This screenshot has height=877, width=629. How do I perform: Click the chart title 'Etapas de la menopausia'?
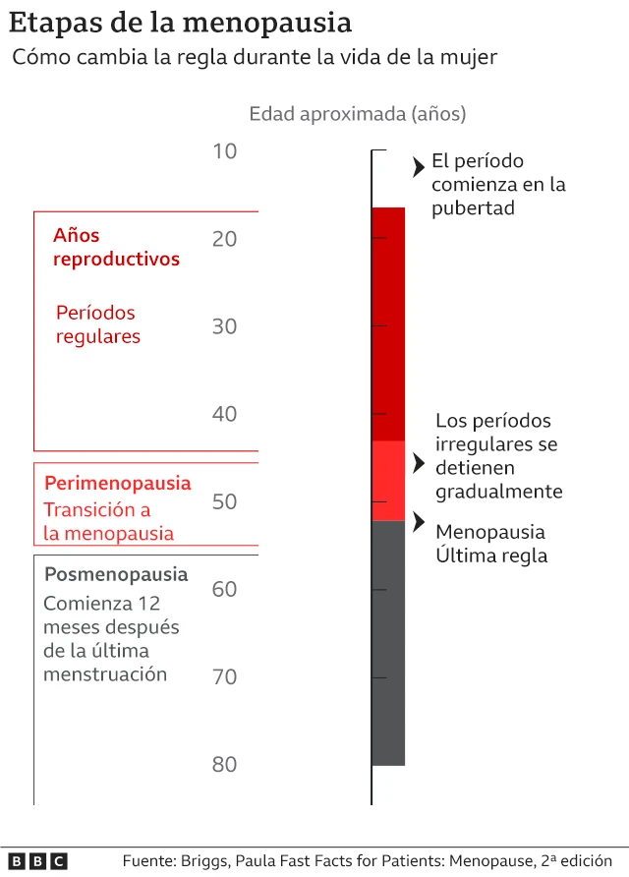point(181,22)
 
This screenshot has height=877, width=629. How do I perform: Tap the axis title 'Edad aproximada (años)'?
point(357,114)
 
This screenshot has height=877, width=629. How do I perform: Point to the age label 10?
point(224,151)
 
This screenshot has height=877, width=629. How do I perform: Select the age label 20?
point(224,239)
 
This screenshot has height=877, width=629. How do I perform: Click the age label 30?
point(224,326)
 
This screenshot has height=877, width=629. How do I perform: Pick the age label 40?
point(224,414)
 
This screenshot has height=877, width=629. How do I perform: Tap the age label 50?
point(224,501)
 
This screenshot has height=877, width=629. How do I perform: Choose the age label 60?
point(224,589)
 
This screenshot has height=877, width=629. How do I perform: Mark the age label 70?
point(224,676)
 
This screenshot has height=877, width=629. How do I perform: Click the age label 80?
point(224,764)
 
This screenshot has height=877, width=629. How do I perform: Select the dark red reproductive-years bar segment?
point(388,324)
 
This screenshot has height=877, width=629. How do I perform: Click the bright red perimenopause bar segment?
point(388,481)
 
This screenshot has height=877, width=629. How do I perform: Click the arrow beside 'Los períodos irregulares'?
point(418,462)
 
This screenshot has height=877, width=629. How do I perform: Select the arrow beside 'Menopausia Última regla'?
point(418,521)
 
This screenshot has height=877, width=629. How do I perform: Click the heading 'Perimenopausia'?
point(118,484)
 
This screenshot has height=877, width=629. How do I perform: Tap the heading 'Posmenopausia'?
point(116,574)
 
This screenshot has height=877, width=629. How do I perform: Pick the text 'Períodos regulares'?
point(97,324)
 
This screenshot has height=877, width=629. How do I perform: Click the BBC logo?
point(39,860)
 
